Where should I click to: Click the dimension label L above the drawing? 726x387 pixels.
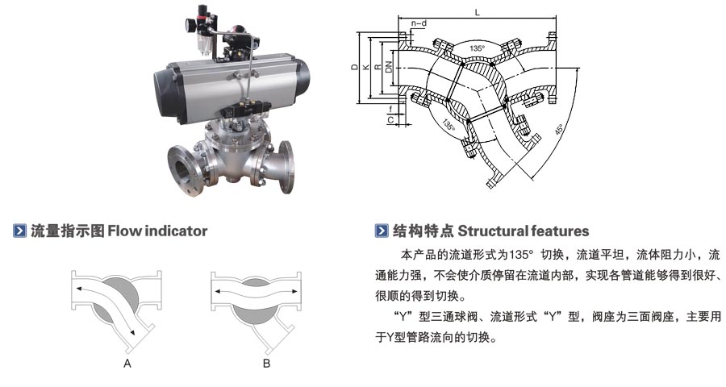pyautogui.click(x=478, y=12)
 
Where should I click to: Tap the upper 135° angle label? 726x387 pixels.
pyautogui.click(x=478, y=49)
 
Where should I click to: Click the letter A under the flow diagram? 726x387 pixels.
pyautogui.click(x=127, y=364)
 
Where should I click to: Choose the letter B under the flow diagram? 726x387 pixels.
pyautogui.click(x=267, y=364)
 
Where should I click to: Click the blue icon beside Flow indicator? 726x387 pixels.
pyautogui.click(x=20, y=231)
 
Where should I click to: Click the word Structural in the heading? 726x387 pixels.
pyautogui.click(x=491, y=231)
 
